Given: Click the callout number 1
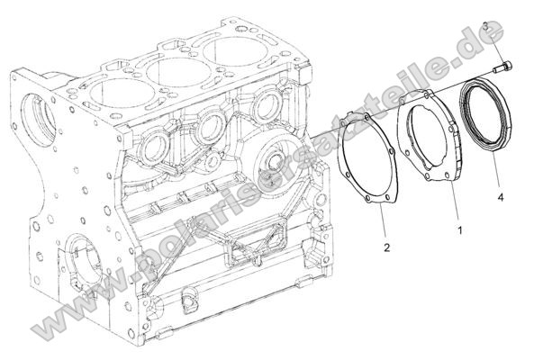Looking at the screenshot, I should pyautogui.click(x=460, y=231).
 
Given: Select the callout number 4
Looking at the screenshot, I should pyautogui.click(x=498, y=193).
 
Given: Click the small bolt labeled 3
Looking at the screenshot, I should pyautogui.click(x=502, y=66).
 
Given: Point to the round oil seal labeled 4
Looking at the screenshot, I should pyautogui.click(x=486, y=118).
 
